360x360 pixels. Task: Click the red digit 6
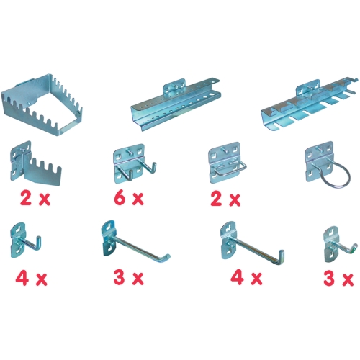pyautogui.click(x=120, y=198)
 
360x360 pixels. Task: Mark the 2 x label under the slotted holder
pyautogui.click(x=35, y=198)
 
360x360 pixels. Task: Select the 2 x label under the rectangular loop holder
pyautogui.click(x=225, y=199)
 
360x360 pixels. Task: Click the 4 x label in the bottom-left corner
pyautogui.click(x=31, y=278)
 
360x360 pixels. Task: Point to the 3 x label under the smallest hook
pyautogui.click(x=338, y=278)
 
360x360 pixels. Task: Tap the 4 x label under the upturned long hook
pyautogui.click(x=246, y=278)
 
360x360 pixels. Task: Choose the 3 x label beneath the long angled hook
pyautogui.click(x=129, y=278)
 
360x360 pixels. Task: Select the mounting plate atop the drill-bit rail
pyautogui.click(x=174, y=87)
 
